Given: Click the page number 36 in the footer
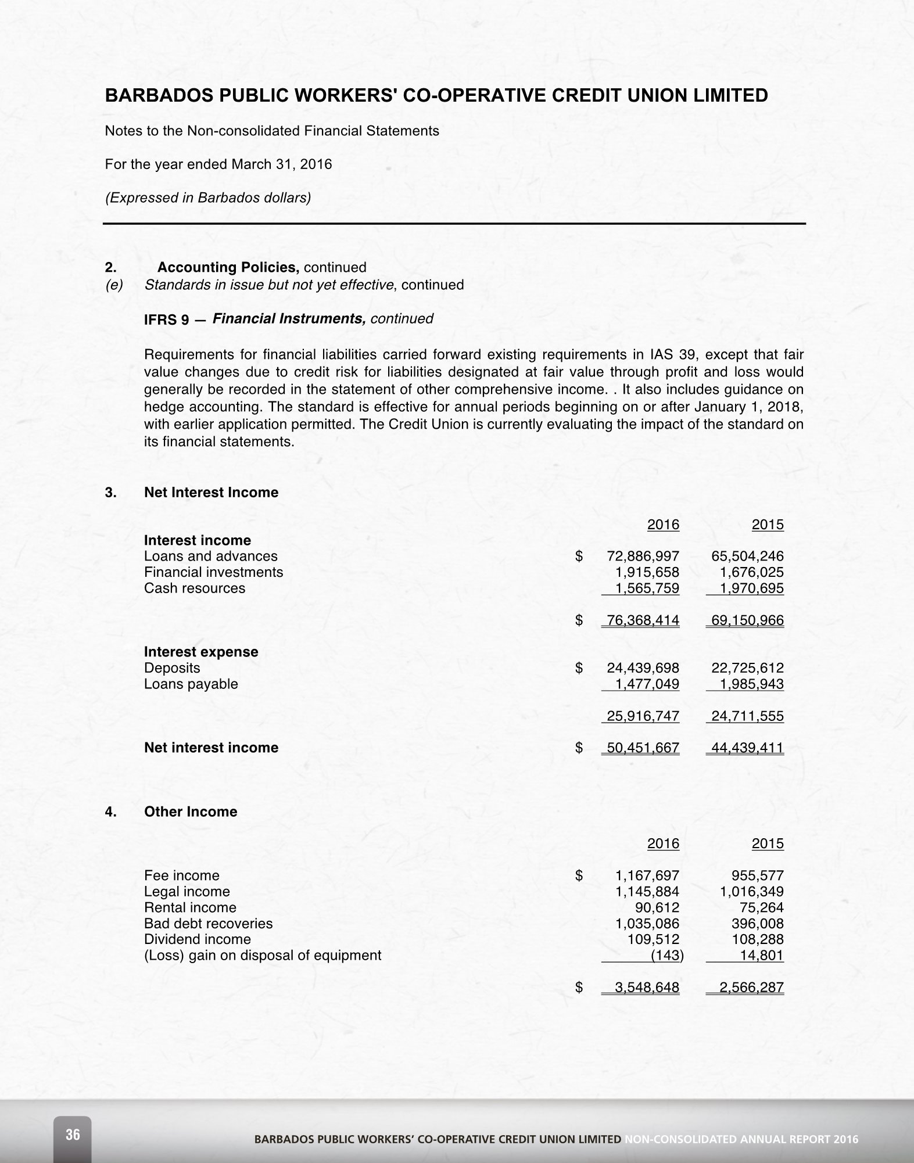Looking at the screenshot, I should coord(73,1135).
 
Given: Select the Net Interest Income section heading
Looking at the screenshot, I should coord(211,493).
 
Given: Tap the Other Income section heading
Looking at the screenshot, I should coord(191,812).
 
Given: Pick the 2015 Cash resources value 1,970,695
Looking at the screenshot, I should coord(751,588).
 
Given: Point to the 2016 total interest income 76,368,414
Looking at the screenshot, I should coord(643,620).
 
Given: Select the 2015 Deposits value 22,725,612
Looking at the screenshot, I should coord(747,668).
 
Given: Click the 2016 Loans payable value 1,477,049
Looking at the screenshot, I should coord(647,684).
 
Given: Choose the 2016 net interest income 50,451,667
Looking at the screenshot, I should coord(643,748).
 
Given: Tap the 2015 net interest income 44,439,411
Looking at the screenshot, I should coord(747,748).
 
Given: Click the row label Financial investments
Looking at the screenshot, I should coord(213,572).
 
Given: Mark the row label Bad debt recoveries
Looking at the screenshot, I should coord(208,924).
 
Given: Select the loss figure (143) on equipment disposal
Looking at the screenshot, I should coord(667,956).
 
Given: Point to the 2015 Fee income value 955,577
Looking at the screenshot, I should coord(757,875).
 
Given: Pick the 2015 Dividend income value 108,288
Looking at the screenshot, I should coord(757,939).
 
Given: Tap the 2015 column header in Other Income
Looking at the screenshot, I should coord(768,843).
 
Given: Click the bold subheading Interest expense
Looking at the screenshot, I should coord(201,652).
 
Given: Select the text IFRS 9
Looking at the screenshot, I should coord(166,320).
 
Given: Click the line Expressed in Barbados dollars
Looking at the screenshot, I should coord(207,198).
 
